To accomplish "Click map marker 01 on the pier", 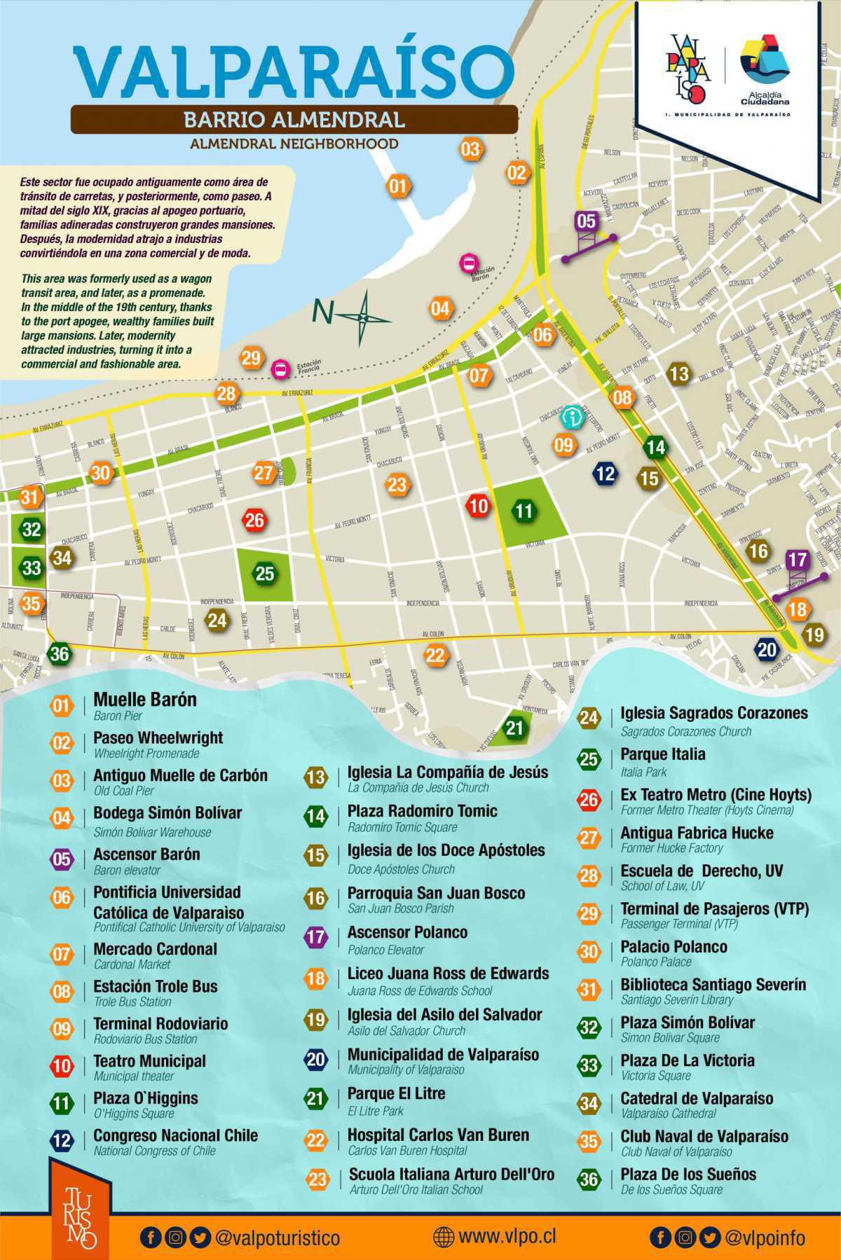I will pyautogui.click(x=397, y=186).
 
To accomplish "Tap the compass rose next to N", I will pyautogui.click(x=364, y=318).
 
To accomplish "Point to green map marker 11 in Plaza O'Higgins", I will pyautogui.click(x=524, y=511).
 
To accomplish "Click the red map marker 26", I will pyautogui.click(x=254, y=520).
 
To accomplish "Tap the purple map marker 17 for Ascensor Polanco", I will pyautogui.click(x=797, y=560).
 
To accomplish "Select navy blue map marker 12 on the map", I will pyautogui.click(x=605, y=473).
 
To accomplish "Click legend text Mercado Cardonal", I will pyautogui.click(x=155, y=949).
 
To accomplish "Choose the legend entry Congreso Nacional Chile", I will pyautogui.click(x=175, y=1135).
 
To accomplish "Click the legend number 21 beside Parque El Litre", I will pyautogui.click(x=316, y=1098).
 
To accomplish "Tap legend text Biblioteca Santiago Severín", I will pyautogui.click(x=713, y=984).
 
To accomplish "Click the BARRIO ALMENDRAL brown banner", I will pyautogui.click(x=294, y=119).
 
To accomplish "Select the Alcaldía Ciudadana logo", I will pyautogui.click(x=765, y=69).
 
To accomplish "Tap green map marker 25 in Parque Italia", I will pyautogui.click(x=264, y=574).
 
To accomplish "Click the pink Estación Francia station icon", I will pyautogui.click(x=281, y=368).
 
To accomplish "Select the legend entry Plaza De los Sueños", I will pyautogui.click(x=688, y=1175).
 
